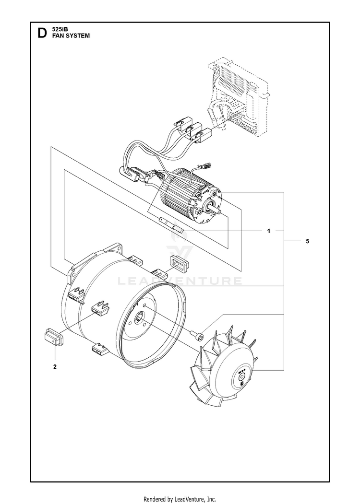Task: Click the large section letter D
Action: tap(41, 33)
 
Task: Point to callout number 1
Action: tap(269, 231)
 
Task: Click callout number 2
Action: tap(55, 367)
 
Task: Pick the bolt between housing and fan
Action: tap(198, 334)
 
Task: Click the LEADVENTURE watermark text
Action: tap(180, 281)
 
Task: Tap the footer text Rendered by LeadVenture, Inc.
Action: tap(180, 499)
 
